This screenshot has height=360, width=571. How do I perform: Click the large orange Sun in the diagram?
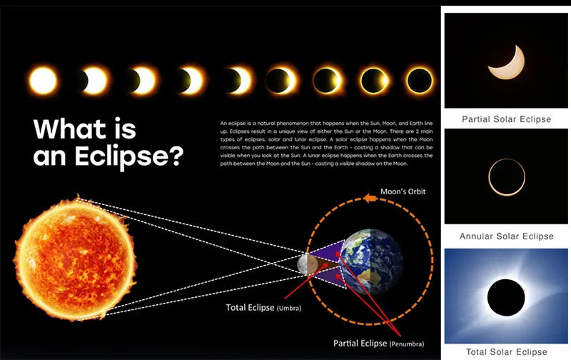click(x=74, y=256)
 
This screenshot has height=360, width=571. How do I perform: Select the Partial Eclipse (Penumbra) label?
click(x=381, y=342)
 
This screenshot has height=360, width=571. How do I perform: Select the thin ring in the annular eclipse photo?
click(x=506, y=177)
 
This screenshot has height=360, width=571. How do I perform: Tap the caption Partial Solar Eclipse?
click(x=506, y=119)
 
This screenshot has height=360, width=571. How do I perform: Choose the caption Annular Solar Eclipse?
click(x=506, y=236)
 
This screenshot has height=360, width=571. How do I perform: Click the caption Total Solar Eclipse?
click(x=506, y=351)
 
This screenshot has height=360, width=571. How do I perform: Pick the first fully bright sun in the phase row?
click(x=44, y=80)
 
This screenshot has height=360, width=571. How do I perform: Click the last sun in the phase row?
click(x=419, y=80)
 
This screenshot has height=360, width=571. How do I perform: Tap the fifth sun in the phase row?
click(x=236, y=80)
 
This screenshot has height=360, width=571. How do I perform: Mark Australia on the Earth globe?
click(x=377, y=276)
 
